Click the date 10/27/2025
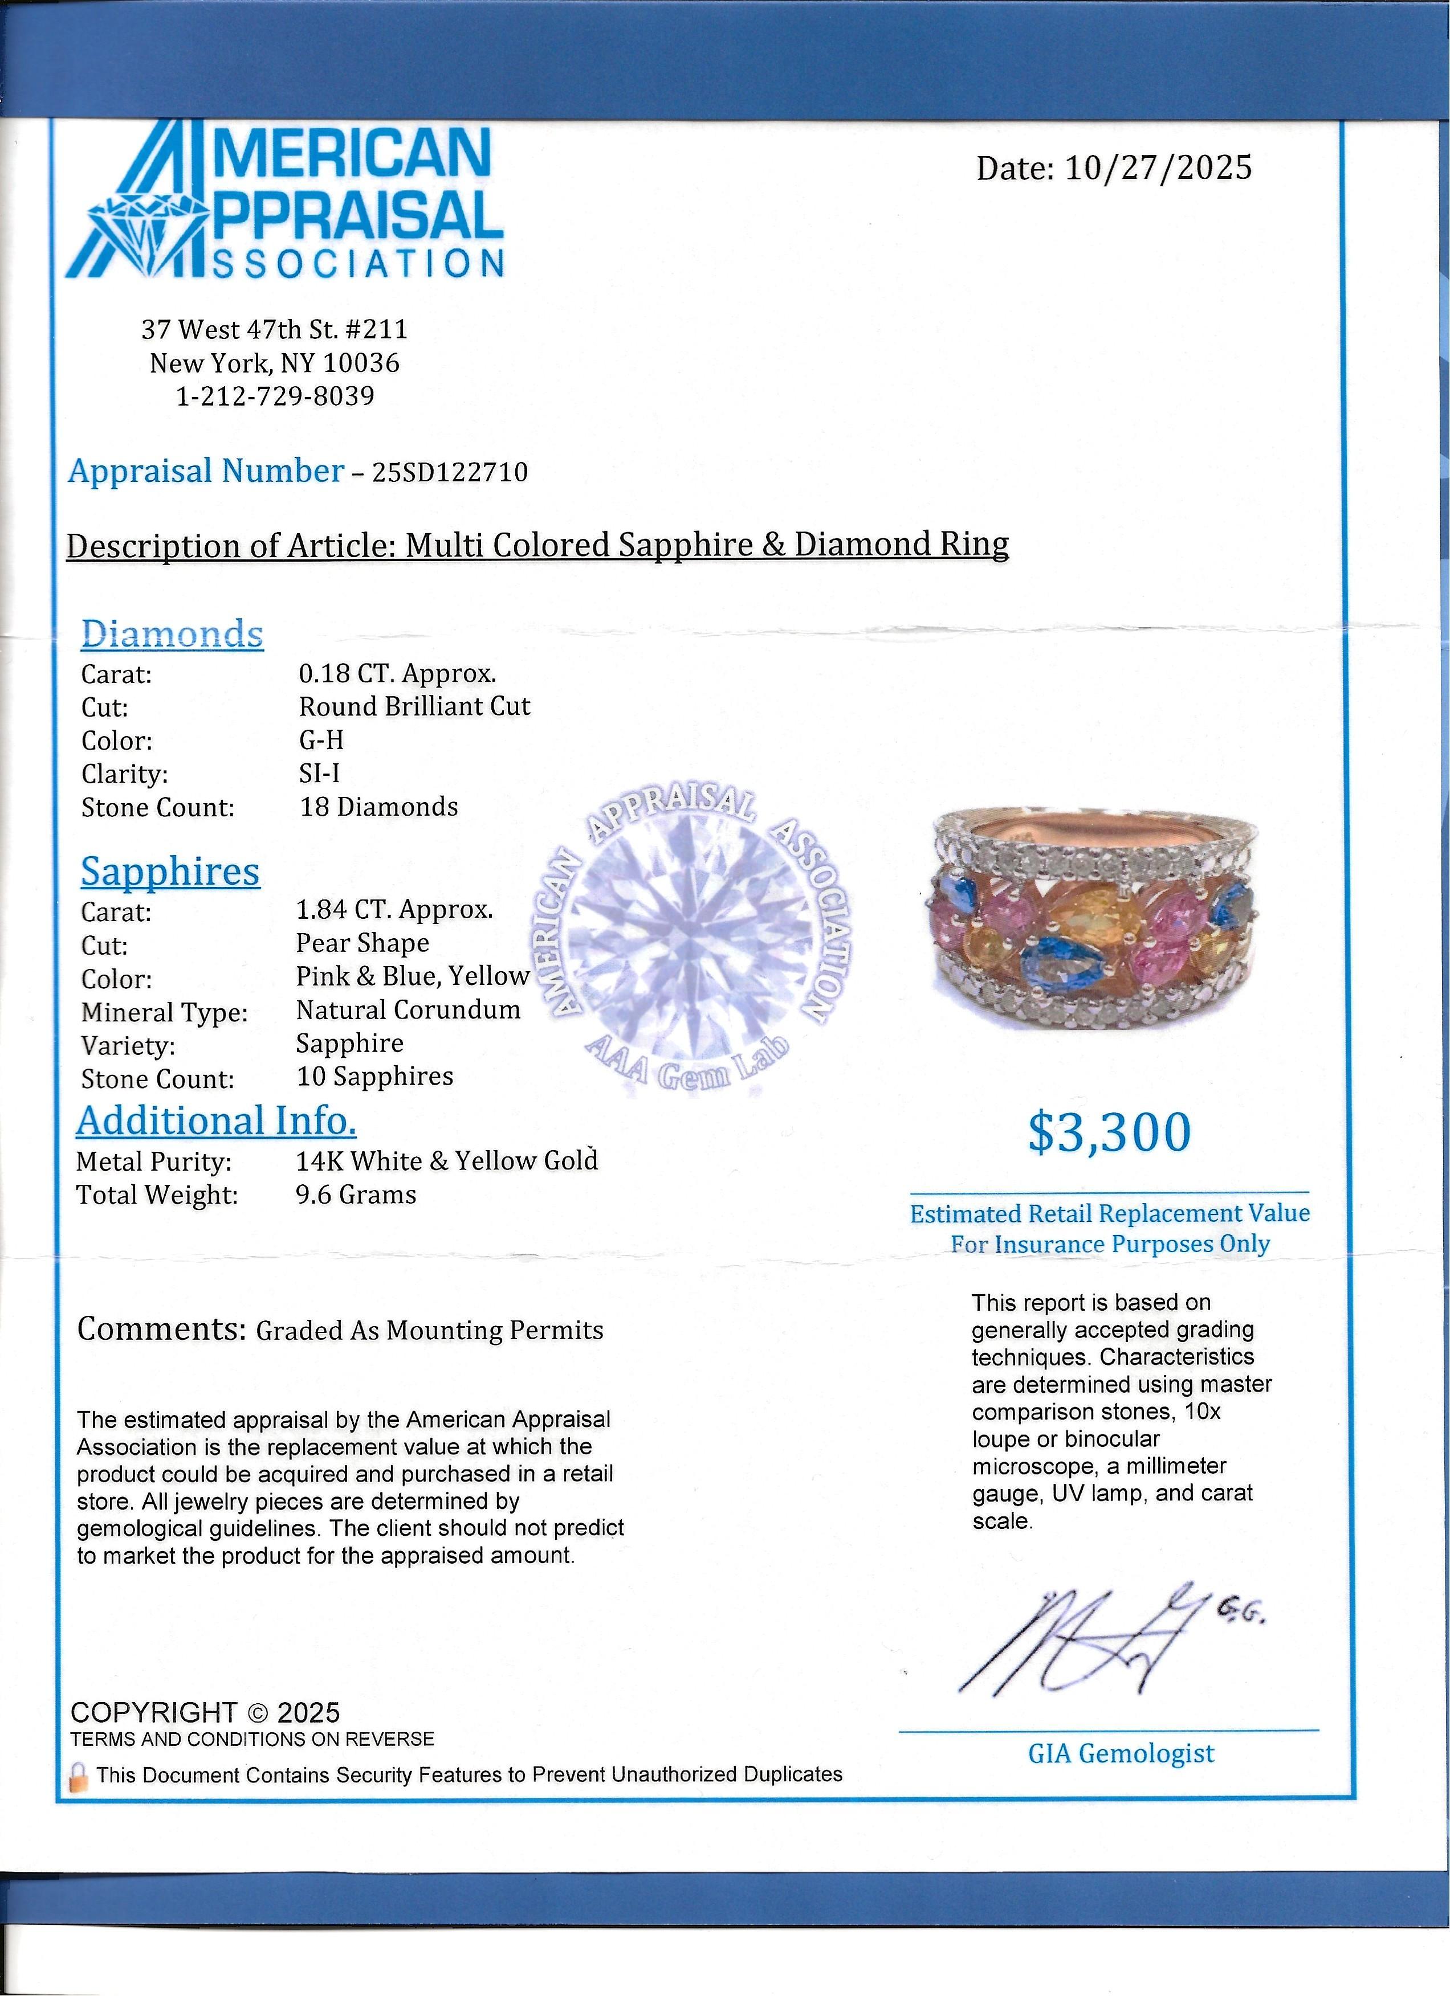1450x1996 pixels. [1157, 167]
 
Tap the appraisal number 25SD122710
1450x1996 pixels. [450, 473]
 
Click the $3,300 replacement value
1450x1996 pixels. [1109, 1132]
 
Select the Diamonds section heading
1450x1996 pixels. [173, 633]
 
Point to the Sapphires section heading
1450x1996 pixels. [171, 872]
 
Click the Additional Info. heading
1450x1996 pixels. [217, 1120]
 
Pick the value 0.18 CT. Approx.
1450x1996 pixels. [398, 673]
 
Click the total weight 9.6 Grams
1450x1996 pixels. [356, 1195]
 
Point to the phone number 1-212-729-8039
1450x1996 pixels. [275, 396]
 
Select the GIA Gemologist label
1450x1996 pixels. [1121, 1753]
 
